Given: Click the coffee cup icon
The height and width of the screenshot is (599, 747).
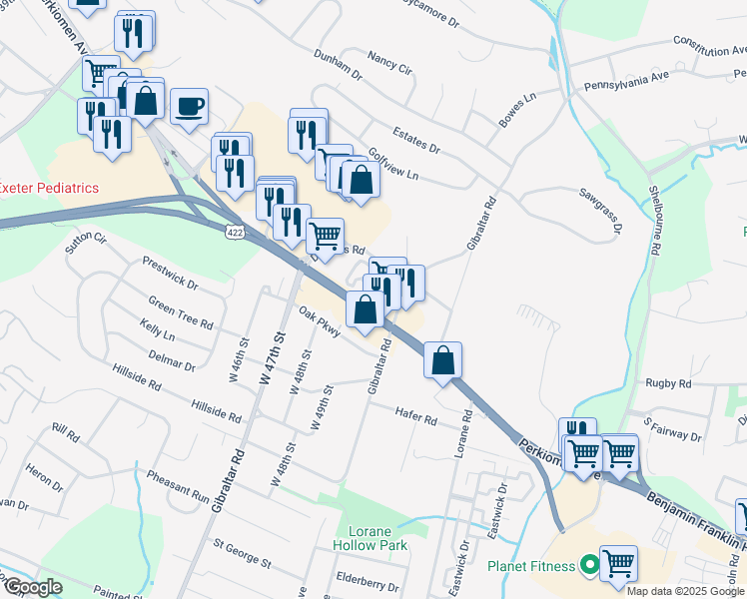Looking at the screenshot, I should (x=189, y=105).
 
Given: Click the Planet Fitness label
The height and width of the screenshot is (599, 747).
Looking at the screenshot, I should (x=531, y=566).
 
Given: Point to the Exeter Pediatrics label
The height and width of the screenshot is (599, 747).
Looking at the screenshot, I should (x=50, y=188).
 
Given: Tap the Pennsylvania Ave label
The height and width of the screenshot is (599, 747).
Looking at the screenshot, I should (x=627, y=79).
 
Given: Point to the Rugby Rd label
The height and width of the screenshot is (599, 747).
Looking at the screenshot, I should (x=668, y=383).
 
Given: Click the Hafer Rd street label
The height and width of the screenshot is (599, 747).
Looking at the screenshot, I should (x=415, y=417).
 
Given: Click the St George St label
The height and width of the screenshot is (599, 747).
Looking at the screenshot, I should (x=242, y=552).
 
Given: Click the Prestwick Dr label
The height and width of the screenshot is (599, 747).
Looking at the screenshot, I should (x=170, y=276).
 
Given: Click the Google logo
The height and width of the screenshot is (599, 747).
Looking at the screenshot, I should (x=32, y=586).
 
